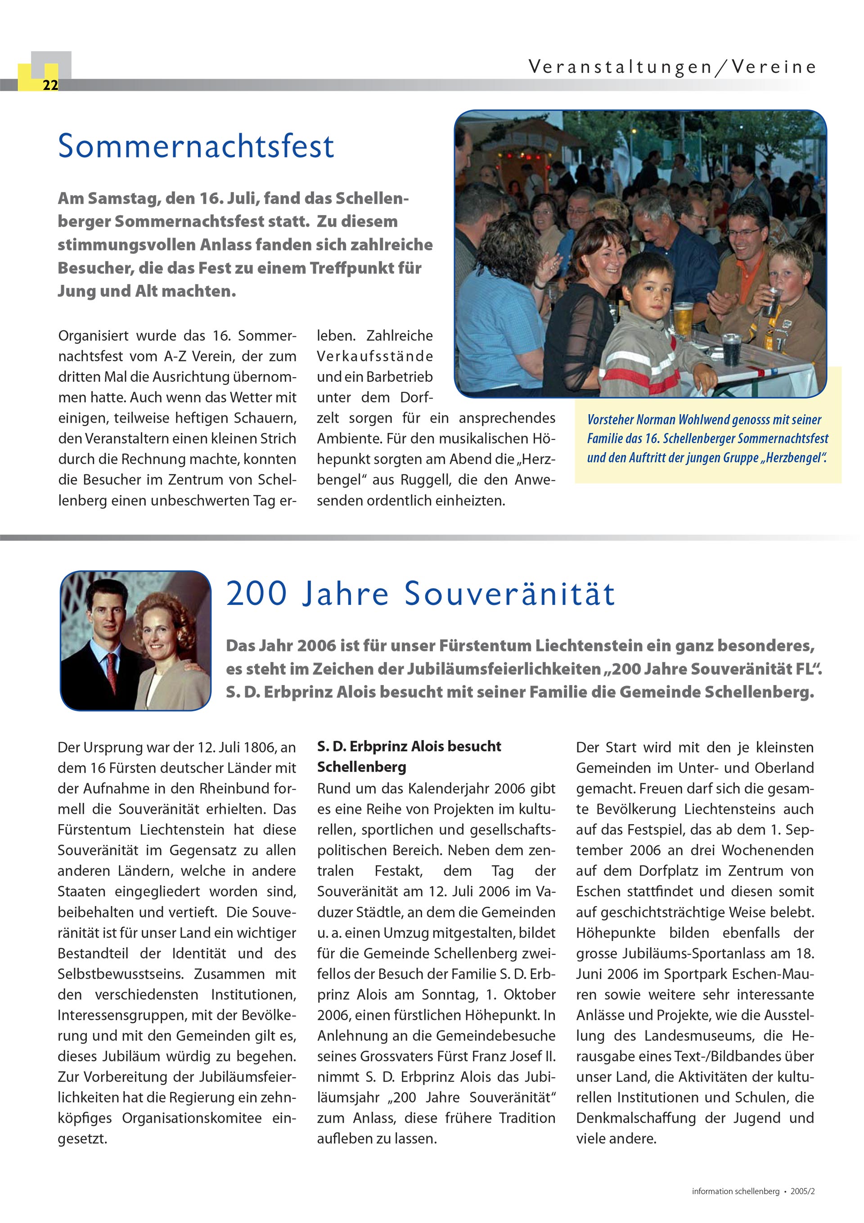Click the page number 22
click(x=50, y=85)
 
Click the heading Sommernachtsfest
click(x=195, y=146)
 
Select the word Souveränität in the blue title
click(x=509, y=593)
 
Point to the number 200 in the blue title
click(x=257, y=593)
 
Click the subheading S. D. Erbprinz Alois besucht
click(x=409, y=746)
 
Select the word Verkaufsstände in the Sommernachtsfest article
click(x=374, y=357)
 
